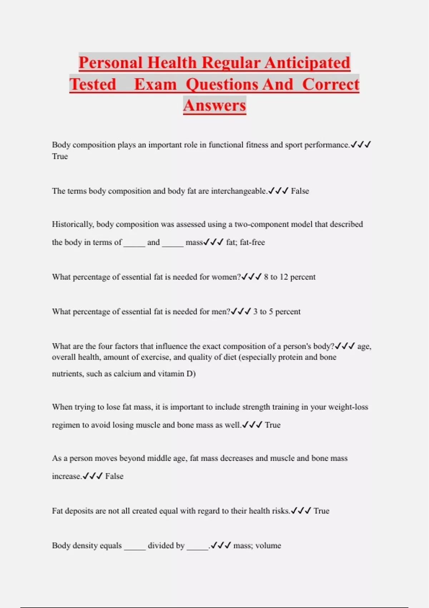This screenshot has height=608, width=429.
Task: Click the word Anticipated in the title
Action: [307, 63]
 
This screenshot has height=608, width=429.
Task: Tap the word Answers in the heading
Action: [214, 106]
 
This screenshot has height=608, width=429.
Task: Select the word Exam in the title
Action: [156, 85]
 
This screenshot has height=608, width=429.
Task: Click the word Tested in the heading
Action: [93, 85]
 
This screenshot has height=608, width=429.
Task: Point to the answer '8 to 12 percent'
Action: [290, 277]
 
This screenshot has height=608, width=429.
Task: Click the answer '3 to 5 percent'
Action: [277, 312]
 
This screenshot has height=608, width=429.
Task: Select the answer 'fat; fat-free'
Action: [245, 242]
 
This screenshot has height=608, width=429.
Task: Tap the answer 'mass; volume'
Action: [257, 545]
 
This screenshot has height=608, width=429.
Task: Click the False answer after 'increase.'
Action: [114, 476]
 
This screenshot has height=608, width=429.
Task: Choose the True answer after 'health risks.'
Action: [321, 511]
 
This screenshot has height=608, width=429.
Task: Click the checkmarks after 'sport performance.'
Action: [361, 145]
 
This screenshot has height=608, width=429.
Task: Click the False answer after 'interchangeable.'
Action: [300, 191]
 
